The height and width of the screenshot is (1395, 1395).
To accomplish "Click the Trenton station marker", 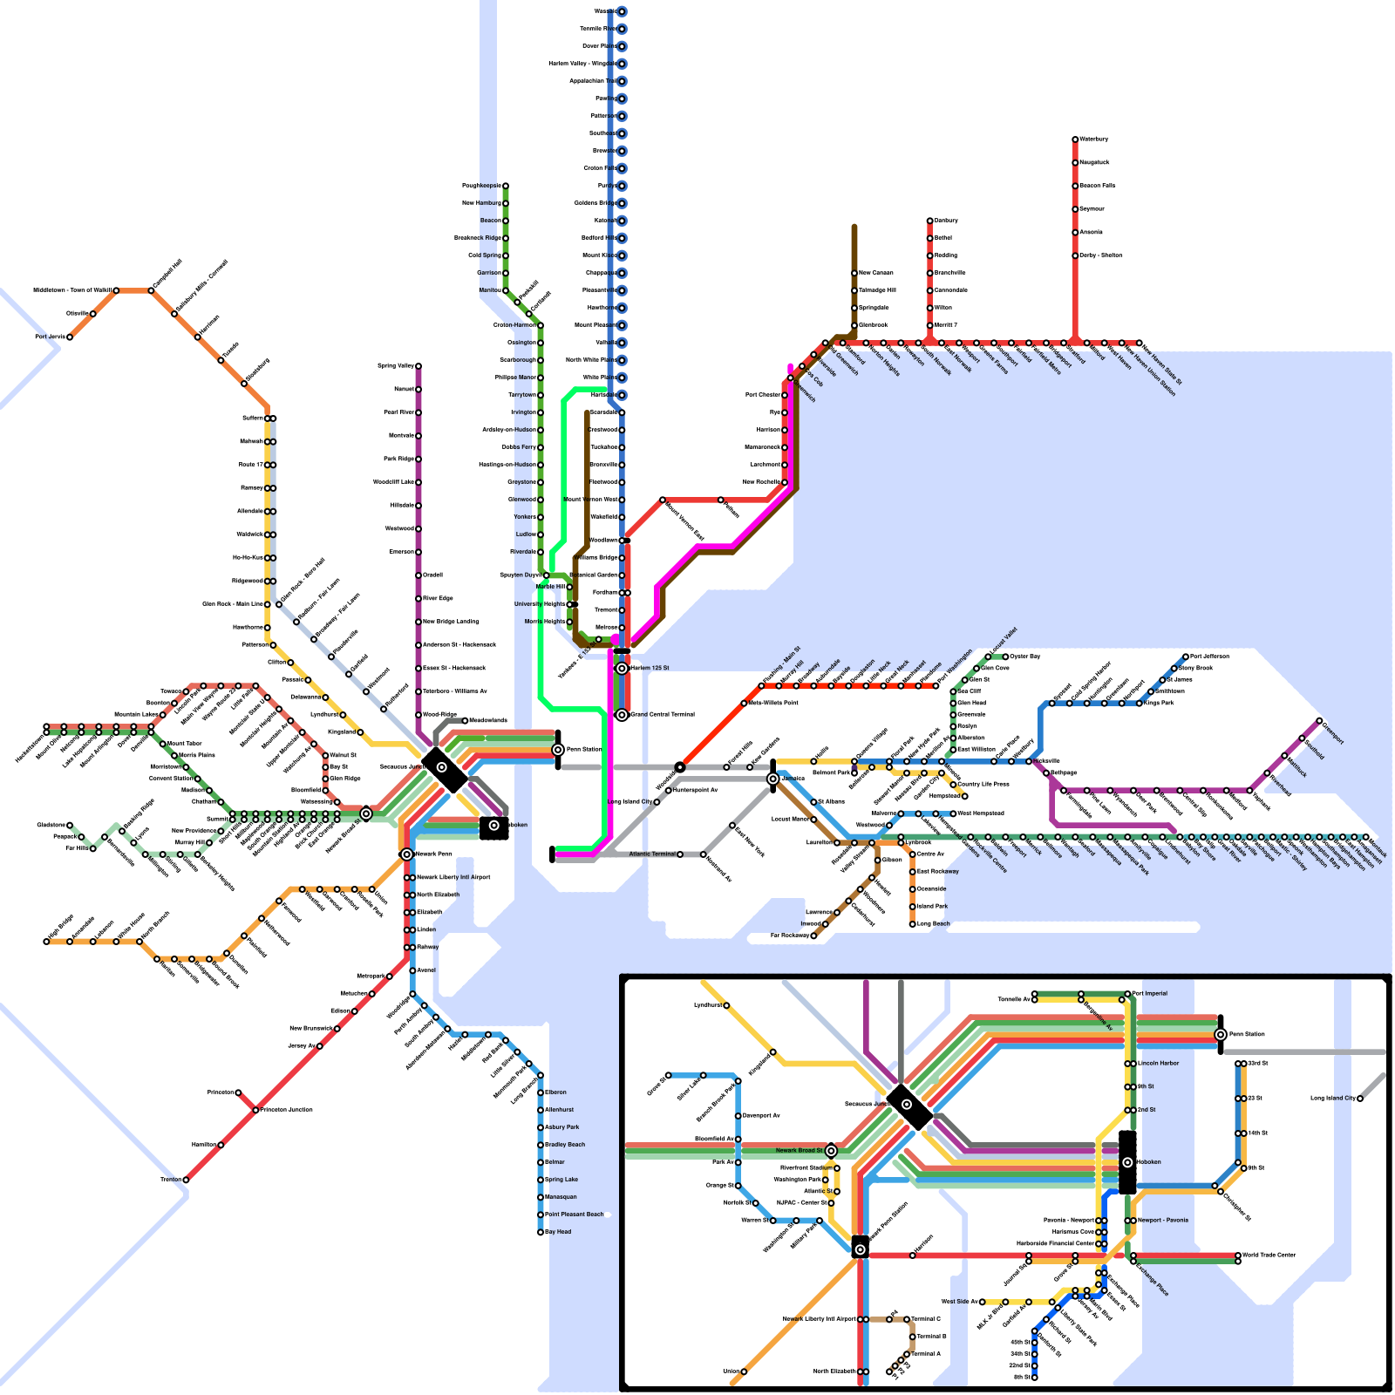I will (186, 1180).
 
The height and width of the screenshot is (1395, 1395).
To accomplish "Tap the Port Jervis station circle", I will (70, 337).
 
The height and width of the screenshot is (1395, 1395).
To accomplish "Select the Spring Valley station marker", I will (418, 366).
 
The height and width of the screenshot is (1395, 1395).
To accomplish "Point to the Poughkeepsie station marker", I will (505, 186).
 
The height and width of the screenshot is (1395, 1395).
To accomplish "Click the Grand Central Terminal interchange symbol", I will (622, 715).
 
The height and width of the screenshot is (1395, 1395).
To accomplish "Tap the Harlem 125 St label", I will (650, 668).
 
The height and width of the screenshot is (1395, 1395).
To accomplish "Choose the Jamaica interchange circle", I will (772, 779).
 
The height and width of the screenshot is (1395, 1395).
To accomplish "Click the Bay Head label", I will (558, 1232).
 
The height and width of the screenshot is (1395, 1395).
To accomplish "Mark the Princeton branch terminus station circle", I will (238, 1092).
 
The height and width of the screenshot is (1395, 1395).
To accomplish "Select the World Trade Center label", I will (1269, 1255).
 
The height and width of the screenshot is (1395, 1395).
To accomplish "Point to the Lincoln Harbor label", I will (1158, 1063).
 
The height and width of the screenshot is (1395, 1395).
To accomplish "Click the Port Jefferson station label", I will (1209, 656).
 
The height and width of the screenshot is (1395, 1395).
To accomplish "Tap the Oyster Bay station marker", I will (1005, 657).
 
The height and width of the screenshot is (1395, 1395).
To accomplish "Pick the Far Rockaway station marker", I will (813, 936).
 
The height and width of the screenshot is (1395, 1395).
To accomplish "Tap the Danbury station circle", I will (929, 221).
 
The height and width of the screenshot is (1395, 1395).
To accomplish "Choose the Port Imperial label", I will (1150, 993).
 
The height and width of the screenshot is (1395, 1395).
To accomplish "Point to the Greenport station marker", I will (1319, 721).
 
